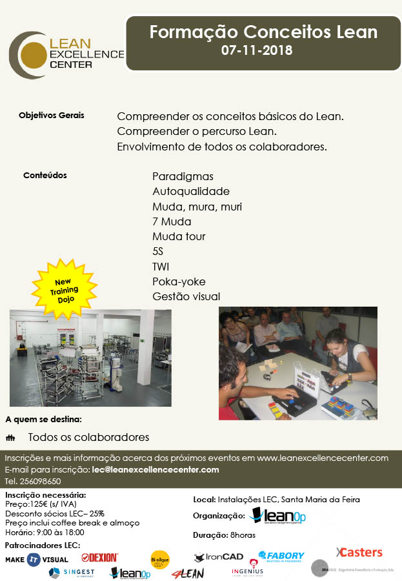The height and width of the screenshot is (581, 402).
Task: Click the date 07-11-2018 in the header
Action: [x=257, y=50]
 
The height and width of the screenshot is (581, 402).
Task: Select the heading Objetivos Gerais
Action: [x=52, y=116]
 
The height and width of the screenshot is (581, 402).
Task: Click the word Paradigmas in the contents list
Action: [x=183, y=176]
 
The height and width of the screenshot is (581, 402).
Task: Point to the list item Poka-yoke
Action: [x=179, y=281]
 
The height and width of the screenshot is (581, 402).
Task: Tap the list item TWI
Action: [x=161, y=266]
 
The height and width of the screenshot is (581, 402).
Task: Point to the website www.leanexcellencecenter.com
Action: [x=322, y=458]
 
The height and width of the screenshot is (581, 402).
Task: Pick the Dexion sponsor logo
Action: [x=99, y=557]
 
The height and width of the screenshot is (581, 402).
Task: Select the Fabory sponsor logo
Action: [x=281, y=556]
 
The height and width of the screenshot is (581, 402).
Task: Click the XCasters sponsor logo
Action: [x=359, y=552]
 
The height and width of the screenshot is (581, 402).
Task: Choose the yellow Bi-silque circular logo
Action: [x=160, y=559]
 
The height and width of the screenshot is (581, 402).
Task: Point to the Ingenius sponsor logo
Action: [x=247, y=571]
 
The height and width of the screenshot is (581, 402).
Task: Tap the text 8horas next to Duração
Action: [x=243, y=535]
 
